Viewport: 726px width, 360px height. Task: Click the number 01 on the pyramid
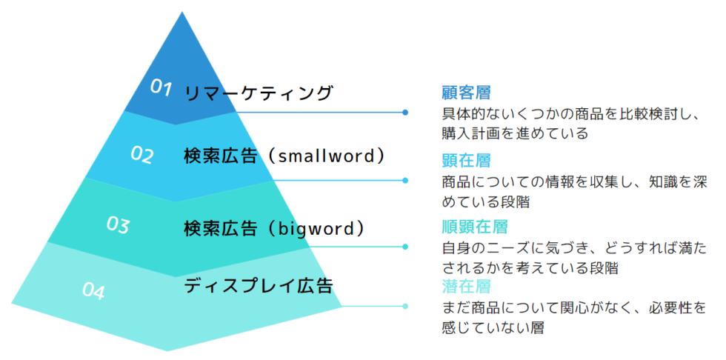161,88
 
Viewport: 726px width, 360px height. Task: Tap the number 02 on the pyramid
141,155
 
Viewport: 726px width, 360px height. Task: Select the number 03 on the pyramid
118,225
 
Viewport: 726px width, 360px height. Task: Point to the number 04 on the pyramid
94,291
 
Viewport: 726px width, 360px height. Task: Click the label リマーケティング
259,93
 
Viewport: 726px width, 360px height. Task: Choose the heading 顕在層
466,161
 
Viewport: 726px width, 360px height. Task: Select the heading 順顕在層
475,227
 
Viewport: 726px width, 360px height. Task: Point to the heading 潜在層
466,287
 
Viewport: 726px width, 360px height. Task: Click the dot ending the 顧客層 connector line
405,113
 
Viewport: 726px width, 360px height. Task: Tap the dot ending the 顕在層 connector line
405,181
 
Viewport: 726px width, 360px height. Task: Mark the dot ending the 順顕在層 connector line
405,247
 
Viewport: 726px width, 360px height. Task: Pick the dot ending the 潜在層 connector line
405,306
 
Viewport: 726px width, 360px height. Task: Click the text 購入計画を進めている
515,134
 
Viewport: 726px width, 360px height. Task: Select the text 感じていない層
493,328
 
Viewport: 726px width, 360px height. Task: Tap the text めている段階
486,202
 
